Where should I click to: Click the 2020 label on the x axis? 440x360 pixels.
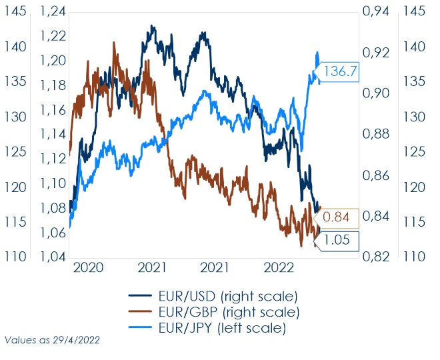pos(89,268)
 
